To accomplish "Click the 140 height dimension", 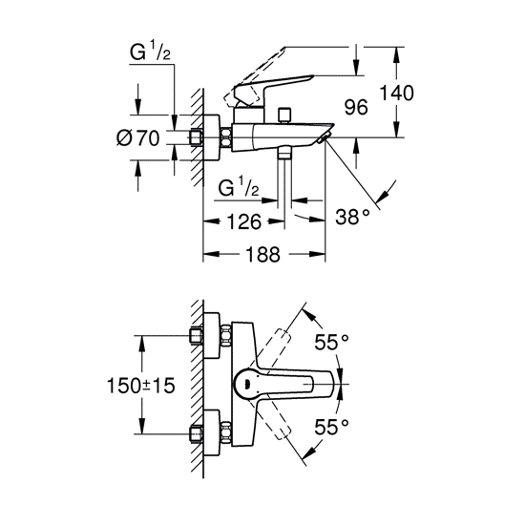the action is (x=396, y=93).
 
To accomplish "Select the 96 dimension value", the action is (x=356, y=107).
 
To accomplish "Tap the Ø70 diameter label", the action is (x=138, y=137).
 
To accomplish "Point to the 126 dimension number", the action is (x=243, y=221).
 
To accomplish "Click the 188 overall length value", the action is (x=262, y=255).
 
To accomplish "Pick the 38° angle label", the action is (x=352, y=217).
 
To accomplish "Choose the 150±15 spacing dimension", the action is (x=140, y=385).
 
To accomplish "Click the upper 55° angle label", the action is (x=331, y=342).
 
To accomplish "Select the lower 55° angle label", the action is (x=331, y=428).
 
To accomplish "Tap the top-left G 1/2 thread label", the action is (x=150, y=52).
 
